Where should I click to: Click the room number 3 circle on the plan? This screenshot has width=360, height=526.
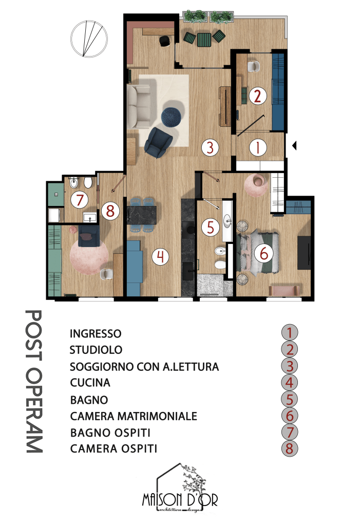click(210, 147)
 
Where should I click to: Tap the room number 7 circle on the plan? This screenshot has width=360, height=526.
click(80, 200)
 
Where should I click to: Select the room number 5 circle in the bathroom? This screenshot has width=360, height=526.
click(211, 227)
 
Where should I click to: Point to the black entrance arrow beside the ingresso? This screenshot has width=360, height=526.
click(295, 146)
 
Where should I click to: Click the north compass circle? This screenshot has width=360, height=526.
click(89, 39)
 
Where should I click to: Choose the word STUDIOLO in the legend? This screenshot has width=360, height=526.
click(96, 350)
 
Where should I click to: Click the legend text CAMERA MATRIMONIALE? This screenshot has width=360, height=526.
click(134, 416)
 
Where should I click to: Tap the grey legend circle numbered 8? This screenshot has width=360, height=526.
click(290, 448)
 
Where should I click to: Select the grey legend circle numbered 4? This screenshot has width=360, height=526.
click(290, 383)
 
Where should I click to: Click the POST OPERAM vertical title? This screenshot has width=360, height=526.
click(34, 382)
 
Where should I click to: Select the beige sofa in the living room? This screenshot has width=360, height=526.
click(139, 107)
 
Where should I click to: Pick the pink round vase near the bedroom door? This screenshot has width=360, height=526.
click(256, 185)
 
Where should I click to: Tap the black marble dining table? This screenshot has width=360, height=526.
click(142, 215)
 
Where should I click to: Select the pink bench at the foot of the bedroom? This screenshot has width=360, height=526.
click(284, 291)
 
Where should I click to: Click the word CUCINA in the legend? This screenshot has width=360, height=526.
click(90, 383)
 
